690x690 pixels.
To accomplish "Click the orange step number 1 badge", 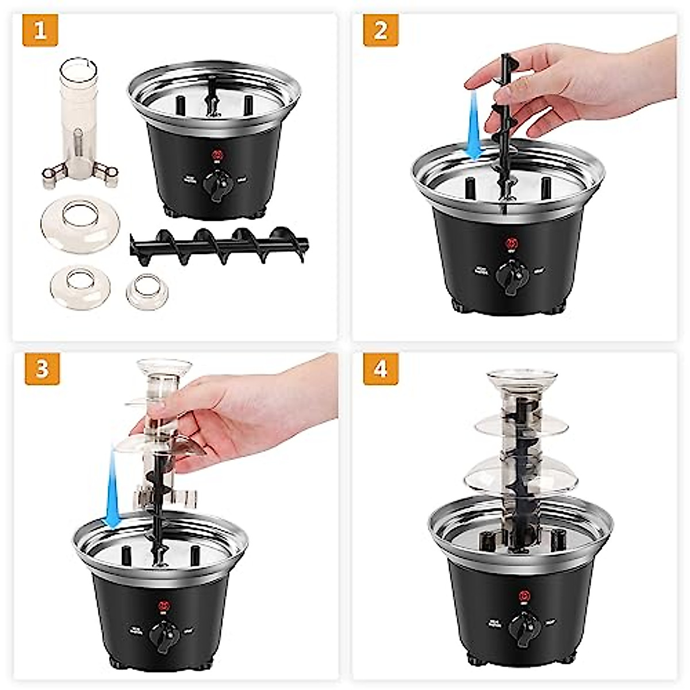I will coord(40,30).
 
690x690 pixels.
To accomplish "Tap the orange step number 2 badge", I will coord(380,30).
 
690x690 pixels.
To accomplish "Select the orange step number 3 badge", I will coord(42,369).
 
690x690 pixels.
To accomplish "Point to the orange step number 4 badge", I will coord(381,369).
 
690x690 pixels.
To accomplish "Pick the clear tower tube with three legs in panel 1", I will coord(79,126).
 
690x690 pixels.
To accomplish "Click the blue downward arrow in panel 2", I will coord(474,126).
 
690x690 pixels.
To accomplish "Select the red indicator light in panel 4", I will coord(523,595).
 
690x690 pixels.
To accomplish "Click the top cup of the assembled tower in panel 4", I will coord(522,379).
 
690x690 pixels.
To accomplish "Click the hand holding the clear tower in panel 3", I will coord(241,408).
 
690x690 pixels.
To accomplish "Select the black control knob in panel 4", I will coord(523,627).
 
